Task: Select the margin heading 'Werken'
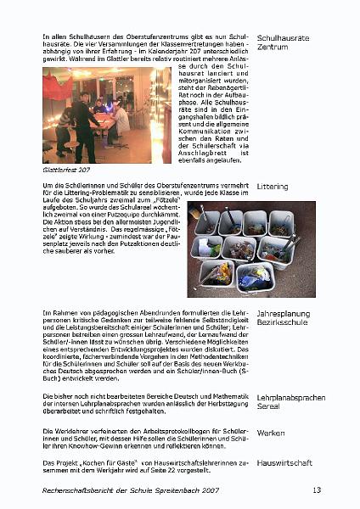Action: tap(270, 433)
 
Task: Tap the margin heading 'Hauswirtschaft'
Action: tap(284, 463)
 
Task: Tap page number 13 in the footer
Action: tap(317, 489)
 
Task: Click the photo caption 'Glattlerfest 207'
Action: tap(65, 170)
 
